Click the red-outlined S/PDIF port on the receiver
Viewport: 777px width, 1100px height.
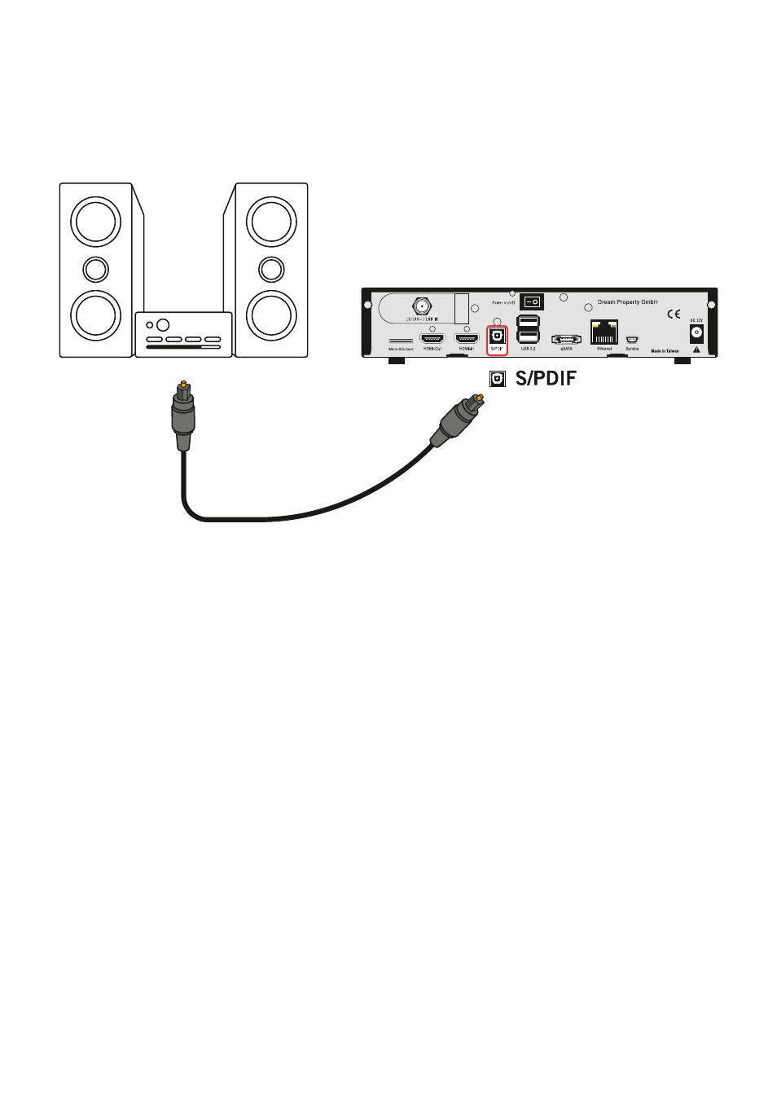497,337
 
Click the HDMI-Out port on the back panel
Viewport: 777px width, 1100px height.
432,338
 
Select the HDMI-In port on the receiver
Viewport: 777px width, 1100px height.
467,338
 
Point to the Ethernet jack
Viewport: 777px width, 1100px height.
604,333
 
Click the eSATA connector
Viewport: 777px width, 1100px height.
566,339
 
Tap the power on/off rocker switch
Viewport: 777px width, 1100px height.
532,302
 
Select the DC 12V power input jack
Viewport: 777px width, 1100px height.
696,332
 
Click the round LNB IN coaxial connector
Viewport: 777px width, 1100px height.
422,307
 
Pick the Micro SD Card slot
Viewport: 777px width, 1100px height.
401,341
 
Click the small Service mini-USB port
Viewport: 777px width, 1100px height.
632,340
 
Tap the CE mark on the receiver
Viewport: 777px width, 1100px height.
674,315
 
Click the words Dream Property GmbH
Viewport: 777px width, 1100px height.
627,302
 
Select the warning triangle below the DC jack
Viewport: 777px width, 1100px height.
696,350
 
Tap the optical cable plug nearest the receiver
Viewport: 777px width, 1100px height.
459,417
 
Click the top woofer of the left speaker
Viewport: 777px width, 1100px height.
96,222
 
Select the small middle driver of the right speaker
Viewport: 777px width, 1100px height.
271,269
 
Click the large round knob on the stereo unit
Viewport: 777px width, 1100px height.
163,325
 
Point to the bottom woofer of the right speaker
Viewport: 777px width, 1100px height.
271,315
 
